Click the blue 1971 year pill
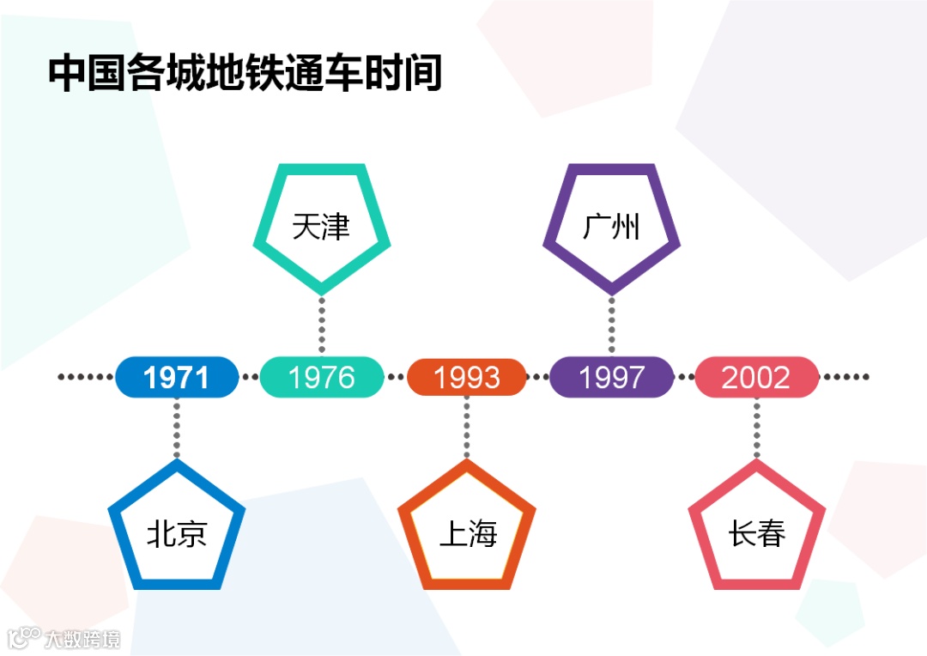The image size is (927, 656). coord(177,378)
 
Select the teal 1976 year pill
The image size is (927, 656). coord(322,378)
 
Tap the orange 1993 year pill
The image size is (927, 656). coord(466,378)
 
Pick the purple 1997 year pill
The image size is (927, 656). coord(611,378)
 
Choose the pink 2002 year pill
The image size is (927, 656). coord(756,378)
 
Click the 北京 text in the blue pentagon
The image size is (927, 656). coord(177,534)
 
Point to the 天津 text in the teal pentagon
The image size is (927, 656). coord(321,228)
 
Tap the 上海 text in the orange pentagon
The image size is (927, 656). coord(468,534)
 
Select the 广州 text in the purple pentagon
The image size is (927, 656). coord(611,228)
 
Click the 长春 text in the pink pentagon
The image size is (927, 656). coord(757,534)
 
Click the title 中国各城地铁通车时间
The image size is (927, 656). coord(245,74)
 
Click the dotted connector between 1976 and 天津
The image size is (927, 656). coord(322,325)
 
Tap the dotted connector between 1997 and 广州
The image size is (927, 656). coord(611,325)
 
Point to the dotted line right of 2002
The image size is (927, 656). coord(845,377)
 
